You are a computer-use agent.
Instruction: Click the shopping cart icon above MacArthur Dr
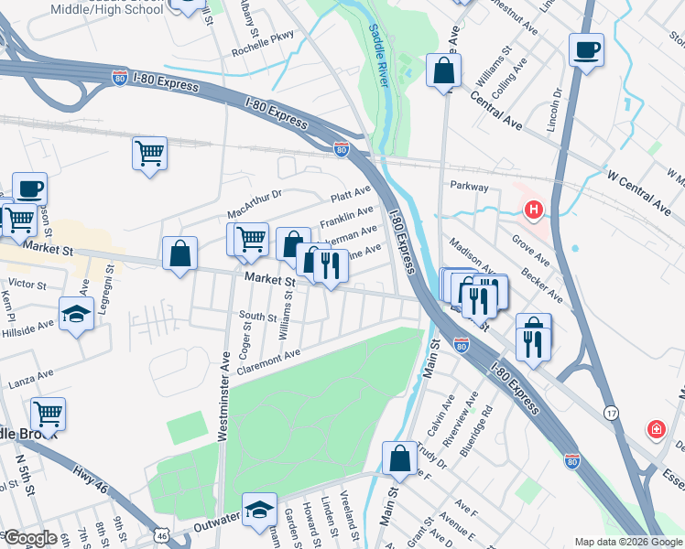click(149, 154)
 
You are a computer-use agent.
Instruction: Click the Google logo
click(30, 538)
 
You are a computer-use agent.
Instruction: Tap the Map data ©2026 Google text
click(628, 542)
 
